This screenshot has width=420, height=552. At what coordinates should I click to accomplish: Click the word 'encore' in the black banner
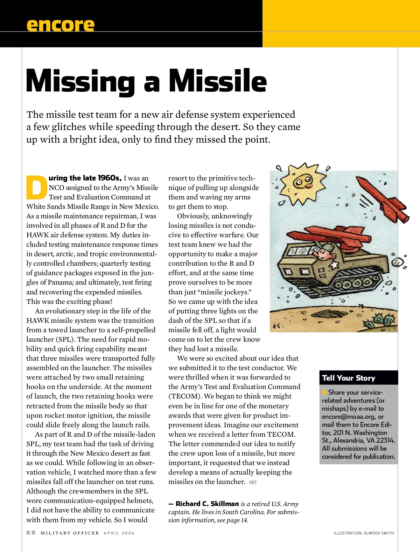[60, 25]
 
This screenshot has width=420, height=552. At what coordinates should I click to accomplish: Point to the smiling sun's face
[301, 182]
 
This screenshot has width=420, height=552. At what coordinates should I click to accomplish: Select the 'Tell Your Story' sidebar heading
[349, 378]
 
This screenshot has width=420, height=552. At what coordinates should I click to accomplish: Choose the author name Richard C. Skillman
[207, 504]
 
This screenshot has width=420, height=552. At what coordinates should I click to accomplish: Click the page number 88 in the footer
[31, 533]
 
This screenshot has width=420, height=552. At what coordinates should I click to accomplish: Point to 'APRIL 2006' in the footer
[119, 533]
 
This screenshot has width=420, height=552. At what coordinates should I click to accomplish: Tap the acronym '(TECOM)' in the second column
[185, 396]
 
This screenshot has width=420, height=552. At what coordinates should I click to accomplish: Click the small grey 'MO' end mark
[253, 483]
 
